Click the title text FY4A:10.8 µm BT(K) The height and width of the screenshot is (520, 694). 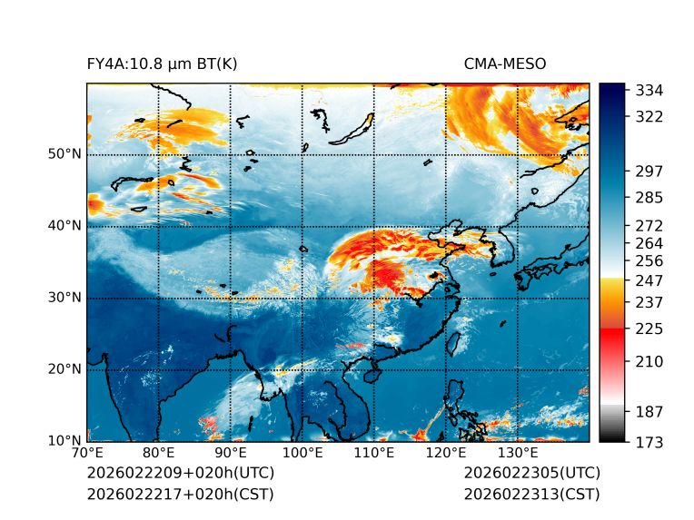pos(162,64)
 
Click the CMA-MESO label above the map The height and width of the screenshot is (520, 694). pos(505,64)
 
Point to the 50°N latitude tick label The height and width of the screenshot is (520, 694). pos(64,154)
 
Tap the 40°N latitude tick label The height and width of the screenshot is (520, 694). pos(64,226)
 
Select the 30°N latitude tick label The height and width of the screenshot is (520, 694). pos(64,298)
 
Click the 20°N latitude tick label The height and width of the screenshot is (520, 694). pos(64,369)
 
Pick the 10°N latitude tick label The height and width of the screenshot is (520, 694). pos(64,441)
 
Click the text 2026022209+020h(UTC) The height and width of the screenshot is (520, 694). pos(180,473)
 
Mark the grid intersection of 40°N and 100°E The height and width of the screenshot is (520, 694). pos(302,226)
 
